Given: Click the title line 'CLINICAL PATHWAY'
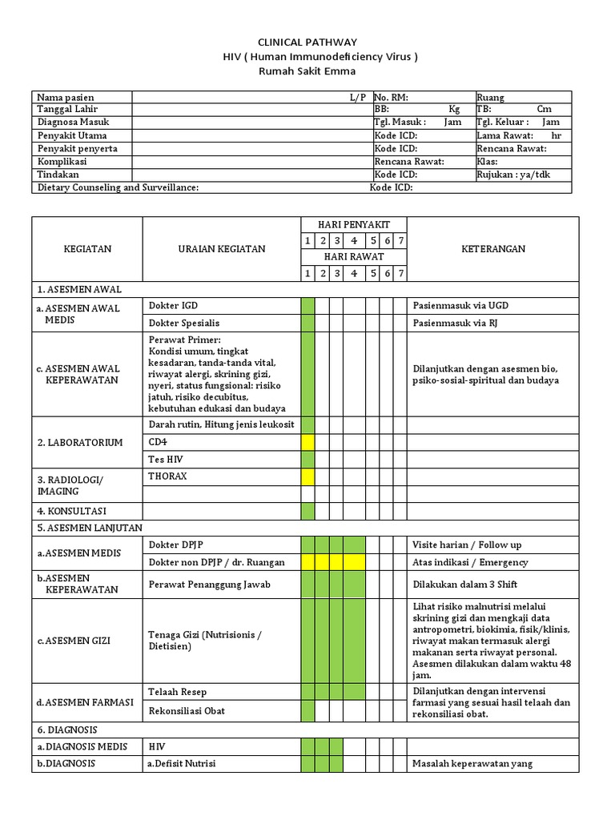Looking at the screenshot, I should point(307,42).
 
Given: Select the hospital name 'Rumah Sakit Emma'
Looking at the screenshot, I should point(307,71).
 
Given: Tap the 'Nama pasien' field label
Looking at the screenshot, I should point(66,98).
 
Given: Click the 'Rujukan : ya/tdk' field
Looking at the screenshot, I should point(513,175).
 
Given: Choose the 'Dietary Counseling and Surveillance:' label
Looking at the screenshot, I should point(118,187).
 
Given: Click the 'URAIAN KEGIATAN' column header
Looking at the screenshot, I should point(221,249).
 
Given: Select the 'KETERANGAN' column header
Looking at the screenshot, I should point(492,249).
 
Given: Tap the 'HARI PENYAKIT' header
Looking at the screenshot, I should point(354,224).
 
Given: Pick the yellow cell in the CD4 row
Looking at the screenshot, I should point(307,442).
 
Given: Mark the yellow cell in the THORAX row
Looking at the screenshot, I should point(307,476).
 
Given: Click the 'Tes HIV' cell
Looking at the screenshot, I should point(166,459).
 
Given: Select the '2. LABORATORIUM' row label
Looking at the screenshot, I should point(80,442).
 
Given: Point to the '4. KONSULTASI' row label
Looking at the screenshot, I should point(72,511).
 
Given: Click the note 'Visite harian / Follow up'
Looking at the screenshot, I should point(466,545).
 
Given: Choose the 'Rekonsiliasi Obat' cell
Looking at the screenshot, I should point(187,710).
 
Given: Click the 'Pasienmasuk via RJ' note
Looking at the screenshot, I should point(460,323).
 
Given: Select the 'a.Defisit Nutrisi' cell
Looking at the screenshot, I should point(181,764).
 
